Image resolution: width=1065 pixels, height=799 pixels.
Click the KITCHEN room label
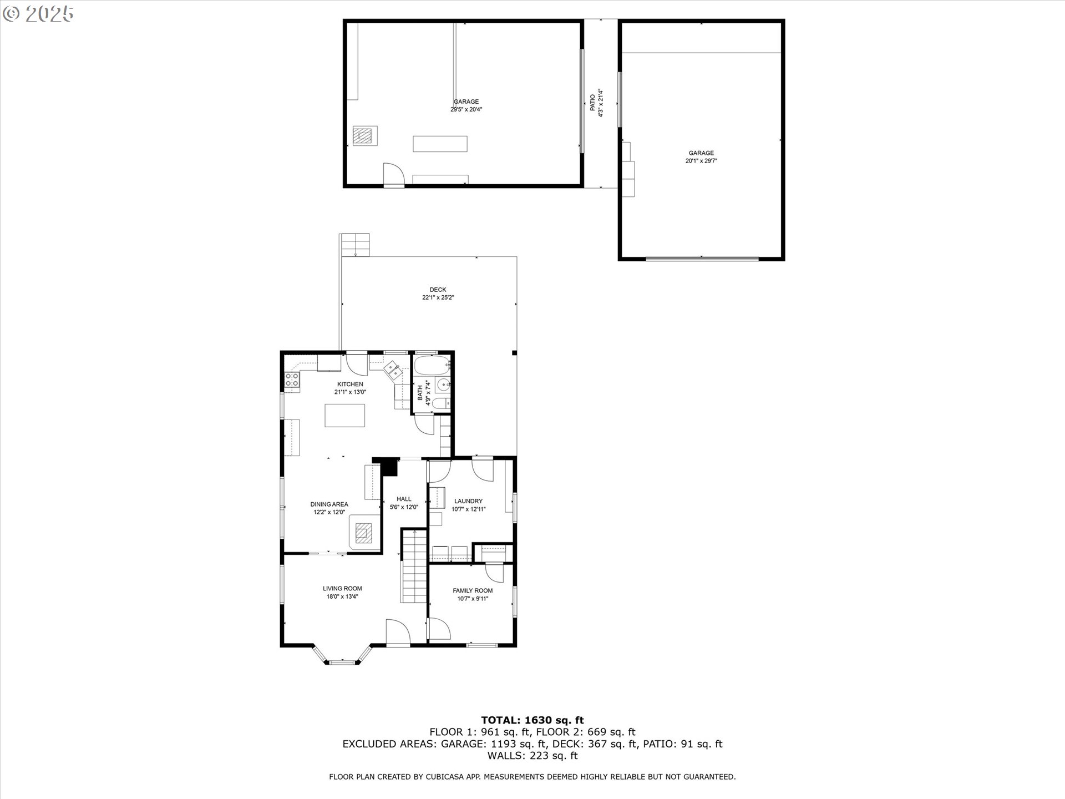[350, 384]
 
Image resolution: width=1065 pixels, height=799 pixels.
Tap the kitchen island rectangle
[344, 416]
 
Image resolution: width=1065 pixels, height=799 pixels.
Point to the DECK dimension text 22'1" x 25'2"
[438, 297]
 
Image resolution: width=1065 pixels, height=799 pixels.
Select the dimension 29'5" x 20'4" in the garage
[466, 109]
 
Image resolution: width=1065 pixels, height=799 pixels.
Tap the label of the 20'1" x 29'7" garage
[701, 153]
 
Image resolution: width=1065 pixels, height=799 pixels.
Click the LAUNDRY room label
[468, 501]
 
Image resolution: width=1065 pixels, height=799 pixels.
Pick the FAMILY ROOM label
[473, 591]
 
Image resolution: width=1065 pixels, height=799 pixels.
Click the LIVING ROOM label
[342, 589]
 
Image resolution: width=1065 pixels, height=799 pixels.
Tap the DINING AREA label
[329, 504]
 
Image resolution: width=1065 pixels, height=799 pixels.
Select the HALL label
[404, 499]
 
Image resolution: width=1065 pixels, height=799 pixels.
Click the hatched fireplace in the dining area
[364, 533]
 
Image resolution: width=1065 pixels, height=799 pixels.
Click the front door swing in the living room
[397, 633]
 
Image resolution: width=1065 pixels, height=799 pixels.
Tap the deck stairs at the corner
[355, 245]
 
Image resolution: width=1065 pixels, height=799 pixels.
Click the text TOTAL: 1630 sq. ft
[532, 720]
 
